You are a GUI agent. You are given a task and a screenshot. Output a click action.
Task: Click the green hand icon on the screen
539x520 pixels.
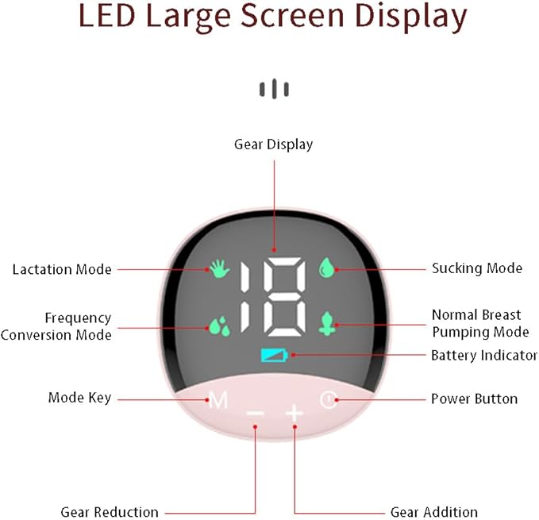pyautogui.click(x=220, y=268)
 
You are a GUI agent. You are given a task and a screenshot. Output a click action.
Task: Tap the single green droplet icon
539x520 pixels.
pyautogui.click(x=326, y=267)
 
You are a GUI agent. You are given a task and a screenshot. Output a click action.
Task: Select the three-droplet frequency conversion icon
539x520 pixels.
pyautogui.click(x=219, y=325)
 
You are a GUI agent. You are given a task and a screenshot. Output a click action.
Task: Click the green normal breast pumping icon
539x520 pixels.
pyautogui.click(x=327, y=323)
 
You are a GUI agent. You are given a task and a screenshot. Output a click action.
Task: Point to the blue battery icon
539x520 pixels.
pyautogui.click(x=274, y=355)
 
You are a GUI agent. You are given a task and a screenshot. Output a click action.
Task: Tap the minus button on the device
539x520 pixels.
pyautogui.click(x=256, y=413)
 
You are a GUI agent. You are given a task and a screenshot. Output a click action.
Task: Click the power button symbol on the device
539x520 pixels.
pyautogui.click(x=329, y=399)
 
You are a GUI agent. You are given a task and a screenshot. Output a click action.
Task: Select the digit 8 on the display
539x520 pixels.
pyautogui.click(x=284, y=297)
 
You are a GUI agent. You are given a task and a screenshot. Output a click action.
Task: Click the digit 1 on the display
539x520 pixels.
pyautogui.click(x=244, y=297)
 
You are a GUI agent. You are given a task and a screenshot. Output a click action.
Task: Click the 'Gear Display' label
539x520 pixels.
pyautogui.click(x=273, y=144)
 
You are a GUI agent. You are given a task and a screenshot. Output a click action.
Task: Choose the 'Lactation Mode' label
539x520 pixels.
pyautogui.click(x=62, y=269)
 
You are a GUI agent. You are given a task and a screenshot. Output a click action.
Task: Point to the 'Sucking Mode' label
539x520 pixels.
pyautogui.click(x=477, y=268)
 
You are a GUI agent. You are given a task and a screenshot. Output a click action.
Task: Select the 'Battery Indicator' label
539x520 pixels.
pyautogui.click(x=484, y=355)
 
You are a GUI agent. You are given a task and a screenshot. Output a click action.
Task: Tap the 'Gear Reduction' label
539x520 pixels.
pyautogui.click(x=110, y=512)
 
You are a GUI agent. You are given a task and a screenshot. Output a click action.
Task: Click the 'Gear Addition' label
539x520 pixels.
pyautogui.click(x=433, y=512)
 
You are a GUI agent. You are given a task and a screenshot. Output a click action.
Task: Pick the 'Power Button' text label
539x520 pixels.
pyautogui.click(x=474, y=399)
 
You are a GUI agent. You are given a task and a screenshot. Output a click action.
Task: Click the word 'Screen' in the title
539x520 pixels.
pyautogui.click(x=292, y=16)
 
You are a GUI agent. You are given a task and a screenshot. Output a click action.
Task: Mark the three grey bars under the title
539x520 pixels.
pyautogui.click(x=274, y=89)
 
